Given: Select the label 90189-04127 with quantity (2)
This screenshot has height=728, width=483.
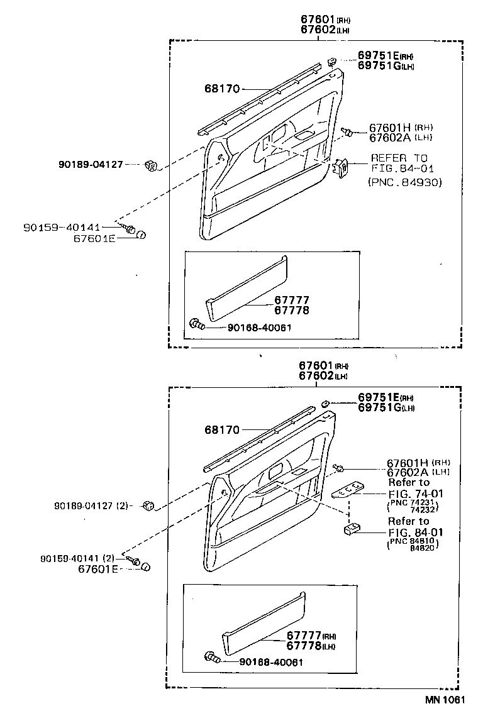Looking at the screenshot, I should tap(92, 505).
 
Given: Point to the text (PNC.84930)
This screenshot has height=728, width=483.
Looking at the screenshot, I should tap(404, 182).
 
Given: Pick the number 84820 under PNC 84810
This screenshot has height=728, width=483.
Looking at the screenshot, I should tap(423, 548).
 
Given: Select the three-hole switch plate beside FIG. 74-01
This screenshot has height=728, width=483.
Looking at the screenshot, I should tap(348, 489).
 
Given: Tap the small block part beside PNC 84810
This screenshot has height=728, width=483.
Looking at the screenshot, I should tap(351, 530).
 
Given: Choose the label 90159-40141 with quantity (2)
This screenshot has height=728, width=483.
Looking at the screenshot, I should tap(77, 558).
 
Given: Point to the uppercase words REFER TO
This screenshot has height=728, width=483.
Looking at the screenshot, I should tap(399, 158).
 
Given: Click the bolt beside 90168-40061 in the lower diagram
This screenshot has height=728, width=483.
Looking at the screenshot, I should tap(211, 658).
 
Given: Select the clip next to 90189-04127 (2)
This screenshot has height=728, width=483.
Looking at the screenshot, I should tap(150, 504).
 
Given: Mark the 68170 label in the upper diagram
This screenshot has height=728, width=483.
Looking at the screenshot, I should tap(221, 89).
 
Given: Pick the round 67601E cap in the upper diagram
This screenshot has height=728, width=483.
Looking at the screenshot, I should tap(141, 234).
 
